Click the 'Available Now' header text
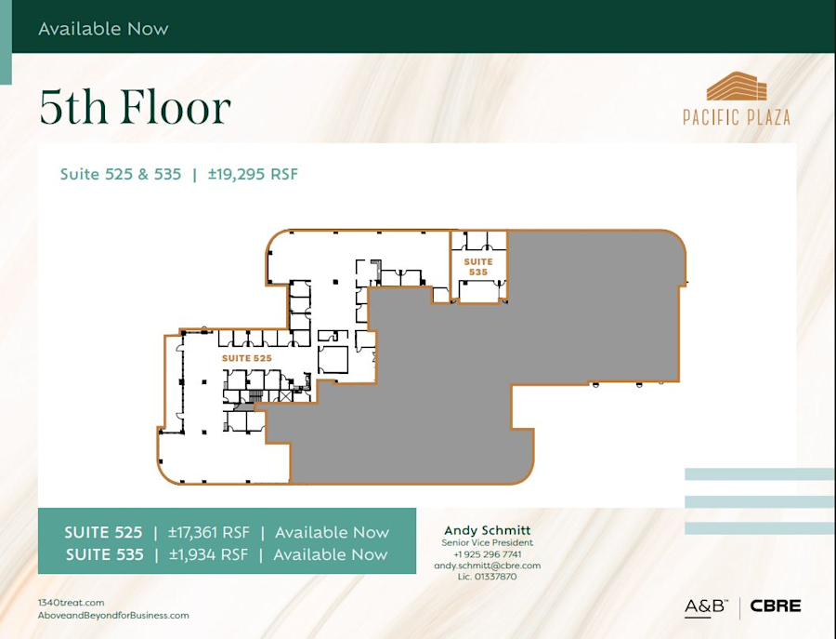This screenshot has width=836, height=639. pos(103,29)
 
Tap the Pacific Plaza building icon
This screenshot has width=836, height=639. pos(737,87)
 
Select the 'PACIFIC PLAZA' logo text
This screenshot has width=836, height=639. pos(737,117)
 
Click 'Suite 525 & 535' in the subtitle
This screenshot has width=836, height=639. pos(121,174)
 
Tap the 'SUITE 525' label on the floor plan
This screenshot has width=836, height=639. pos(246,358)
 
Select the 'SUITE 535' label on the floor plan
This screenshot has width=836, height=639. pos(478,267)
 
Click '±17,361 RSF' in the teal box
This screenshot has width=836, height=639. pos(208,533)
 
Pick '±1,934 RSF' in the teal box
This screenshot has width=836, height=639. pos(208,554)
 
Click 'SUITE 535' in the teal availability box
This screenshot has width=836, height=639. pos(104,554)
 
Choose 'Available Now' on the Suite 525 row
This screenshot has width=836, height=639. pos(332,533)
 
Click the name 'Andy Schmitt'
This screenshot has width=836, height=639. pos(487,530)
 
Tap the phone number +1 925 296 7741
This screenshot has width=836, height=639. pos(487,554)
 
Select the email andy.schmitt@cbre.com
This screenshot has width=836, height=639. pos(487,566)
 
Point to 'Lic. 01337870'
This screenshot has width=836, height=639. pos(487,577)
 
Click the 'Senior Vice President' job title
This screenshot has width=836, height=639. pos(487,542)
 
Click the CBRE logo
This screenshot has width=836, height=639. pos(775,606)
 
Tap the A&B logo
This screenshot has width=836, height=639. pos(705,607)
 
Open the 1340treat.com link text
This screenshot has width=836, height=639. pos(72,603)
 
